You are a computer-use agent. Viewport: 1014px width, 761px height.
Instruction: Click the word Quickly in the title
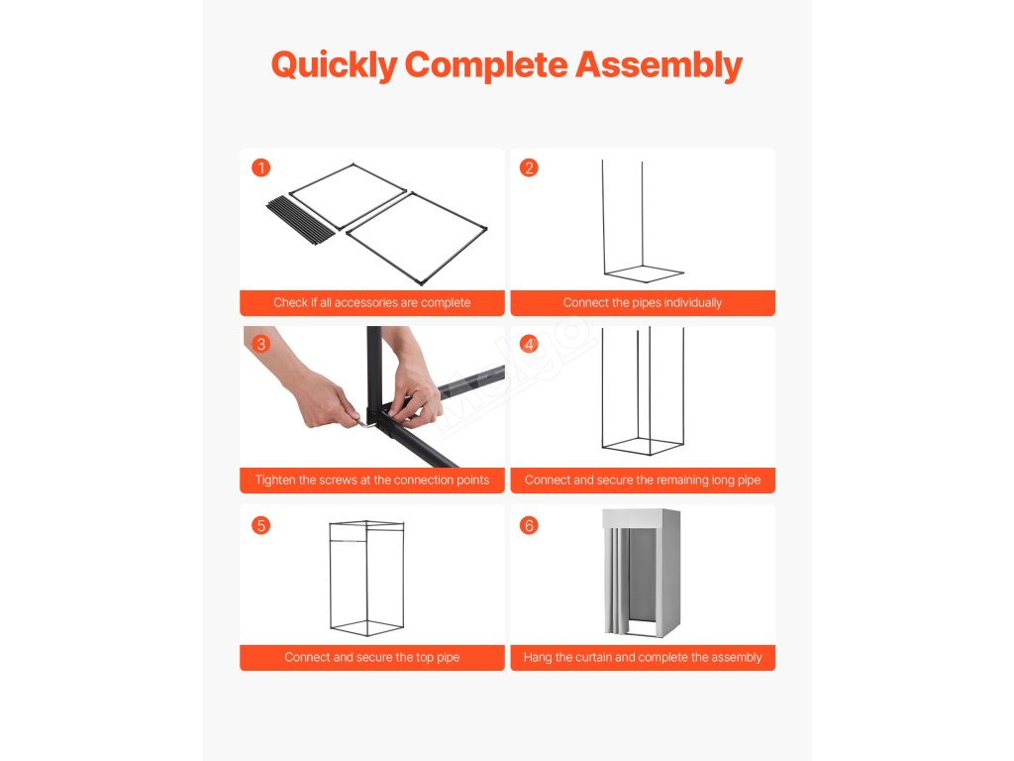335,65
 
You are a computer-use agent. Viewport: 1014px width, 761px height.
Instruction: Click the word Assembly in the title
659,65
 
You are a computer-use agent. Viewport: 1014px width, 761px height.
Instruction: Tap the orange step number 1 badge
260,168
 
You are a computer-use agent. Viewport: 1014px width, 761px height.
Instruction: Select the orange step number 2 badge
529,168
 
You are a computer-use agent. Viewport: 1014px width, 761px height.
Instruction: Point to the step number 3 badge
260,344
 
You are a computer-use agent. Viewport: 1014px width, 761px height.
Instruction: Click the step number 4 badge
529,344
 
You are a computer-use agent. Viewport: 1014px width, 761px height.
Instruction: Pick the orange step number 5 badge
260,525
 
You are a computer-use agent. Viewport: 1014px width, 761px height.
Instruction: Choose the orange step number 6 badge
529,525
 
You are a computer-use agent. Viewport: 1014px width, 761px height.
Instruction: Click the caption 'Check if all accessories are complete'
372,303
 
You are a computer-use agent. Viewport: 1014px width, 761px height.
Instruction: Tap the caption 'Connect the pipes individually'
642,303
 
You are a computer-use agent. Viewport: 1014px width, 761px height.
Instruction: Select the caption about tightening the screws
372,481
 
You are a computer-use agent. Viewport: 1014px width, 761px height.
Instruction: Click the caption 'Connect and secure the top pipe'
372,658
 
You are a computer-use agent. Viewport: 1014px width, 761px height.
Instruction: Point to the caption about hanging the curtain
642,658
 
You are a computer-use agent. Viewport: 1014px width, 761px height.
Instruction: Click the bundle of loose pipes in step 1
301,220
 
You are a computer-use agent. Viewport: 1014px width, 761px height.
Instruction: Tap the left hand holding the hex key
310,388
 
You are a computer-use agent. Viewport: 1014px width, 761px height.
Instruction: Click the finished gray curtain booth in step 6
642,573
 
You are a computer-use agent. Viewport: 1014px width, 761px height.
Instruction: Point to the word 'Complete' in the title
485,65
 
